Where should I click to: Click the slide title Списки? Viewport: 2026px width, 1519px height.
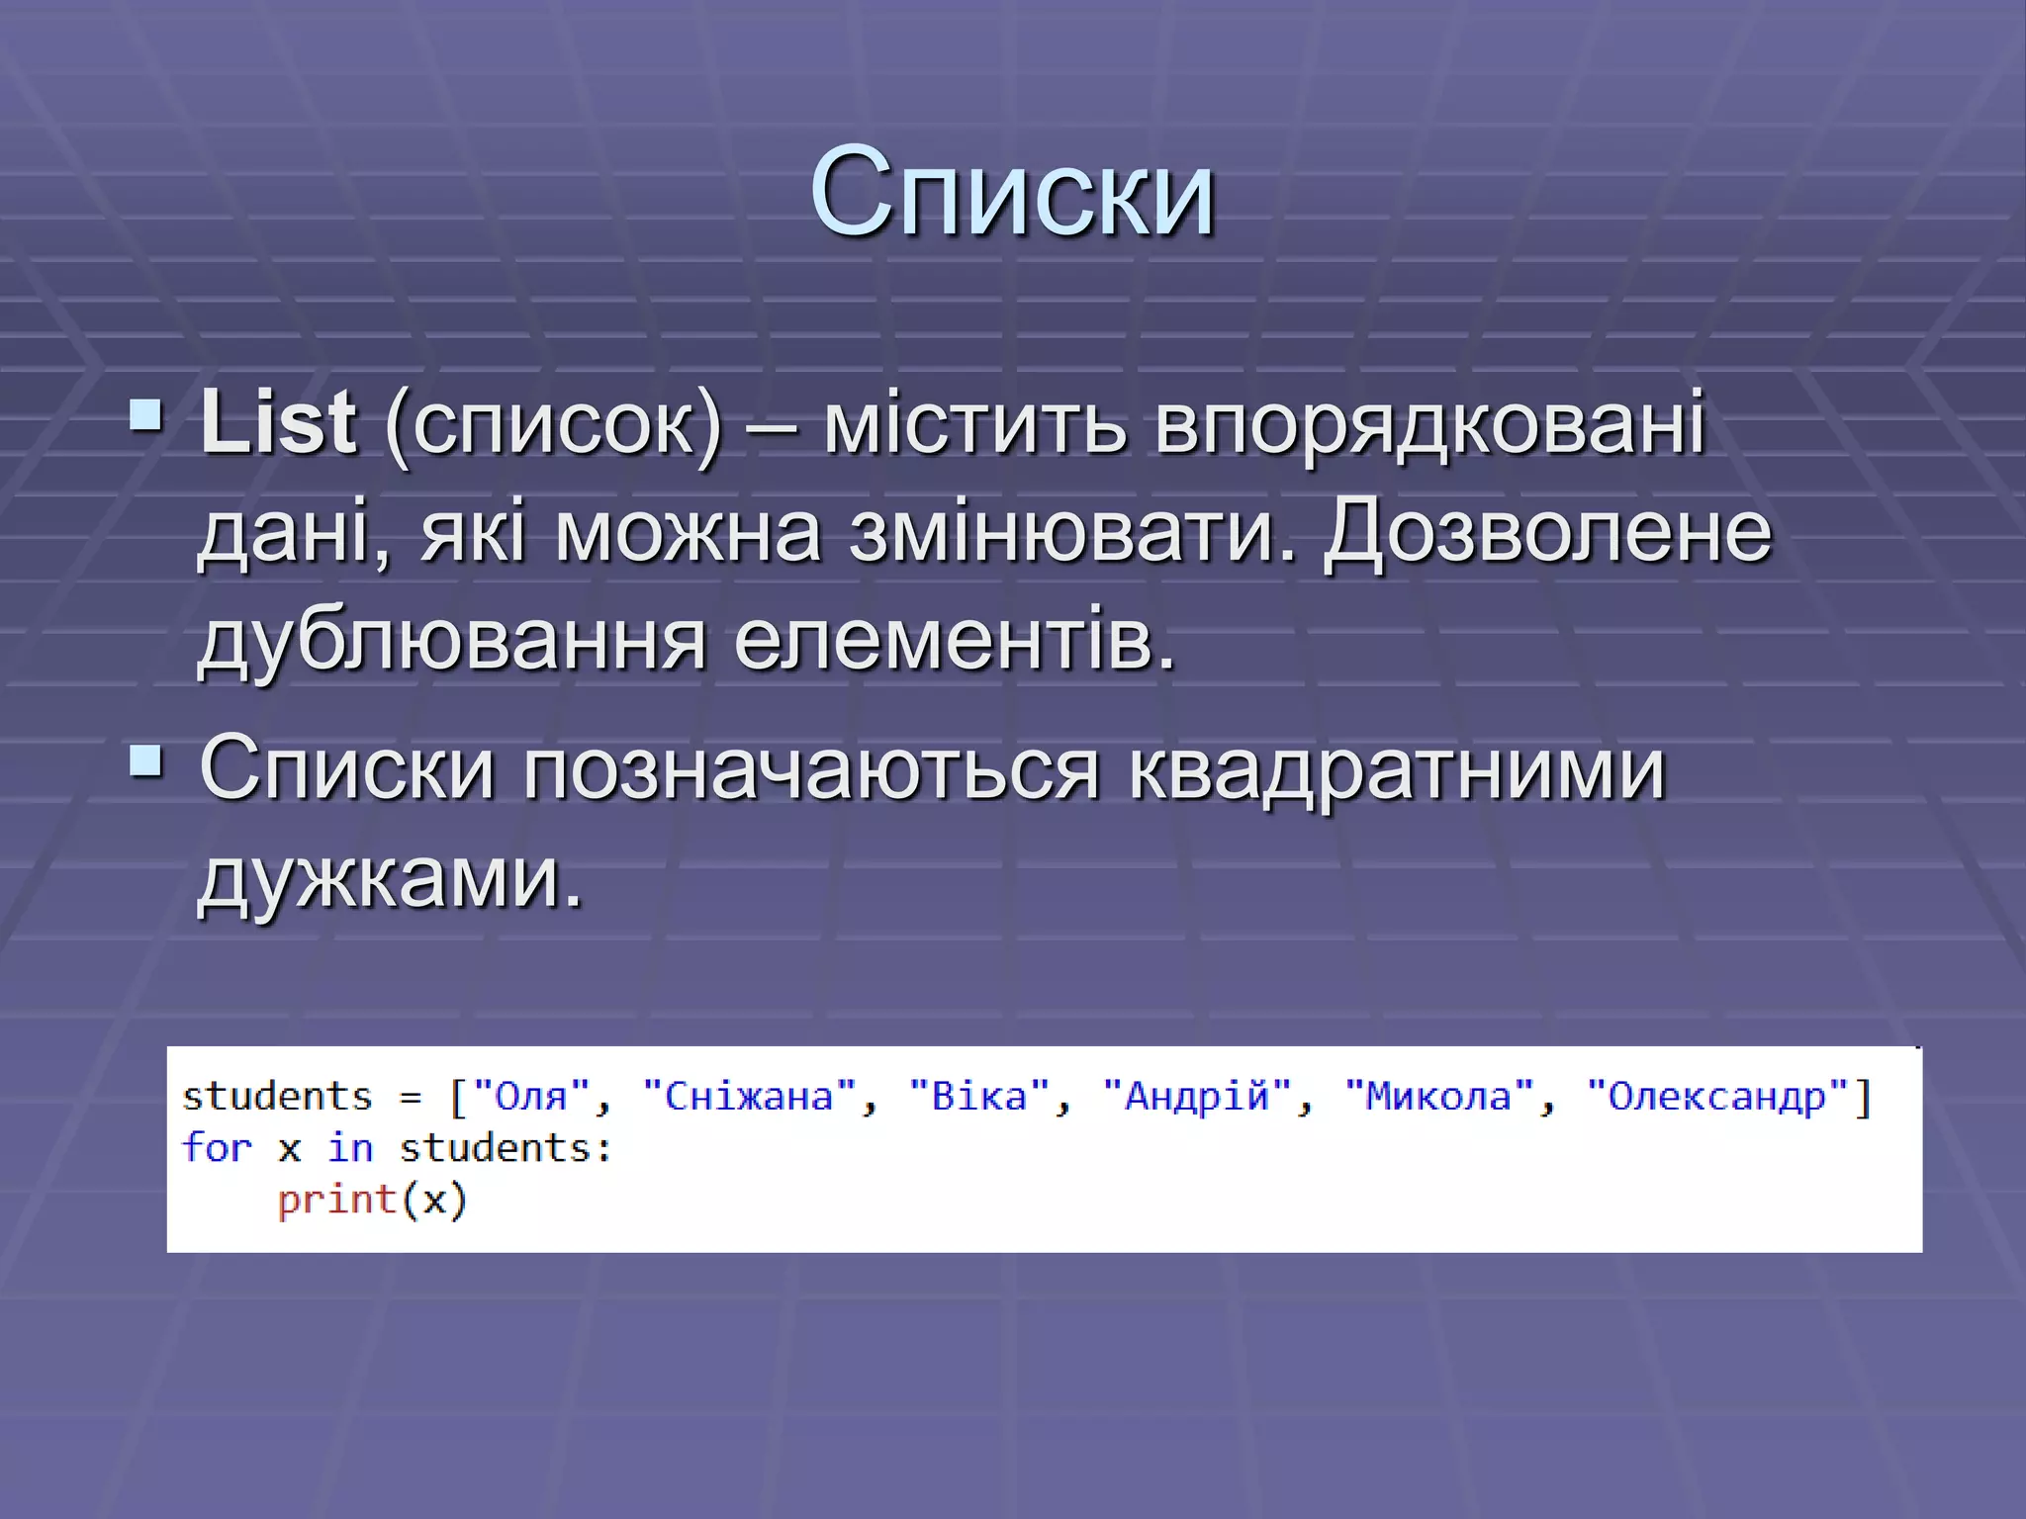point(1012,193)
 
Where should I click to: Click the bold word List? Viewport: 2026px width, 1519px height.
point(278,423)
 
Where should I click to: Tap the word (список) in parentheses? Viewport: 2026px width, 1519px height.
point(554,427)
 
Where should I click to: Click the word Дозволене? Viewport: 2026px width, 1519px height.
point(1548,534)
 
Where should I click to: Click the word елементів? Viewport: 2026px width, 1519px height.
point(955,641)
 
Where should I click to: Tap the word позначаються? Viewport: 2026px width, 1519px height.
point(811,770)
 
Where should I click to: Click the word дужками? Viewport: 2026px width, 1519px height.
point(391,878)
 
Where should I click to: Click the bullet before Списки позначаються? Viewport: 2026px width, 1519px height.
point(146,761)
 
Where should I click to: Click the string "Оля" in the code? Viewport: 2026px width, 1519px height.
point(531,1097)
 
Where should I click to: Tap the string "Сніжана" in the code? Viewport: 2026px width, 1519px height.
point(749,1097)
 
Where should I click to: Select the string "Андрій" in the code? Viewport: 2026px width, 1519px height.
point(1197,1097)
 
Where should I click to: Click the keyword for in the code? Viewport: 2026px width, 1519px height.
point(217,1148)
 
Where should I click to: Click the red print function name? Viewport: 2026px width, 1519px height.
point(336,1200)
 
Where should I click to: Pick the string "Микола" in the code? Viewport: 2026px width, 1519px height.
point(1438,1097)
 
